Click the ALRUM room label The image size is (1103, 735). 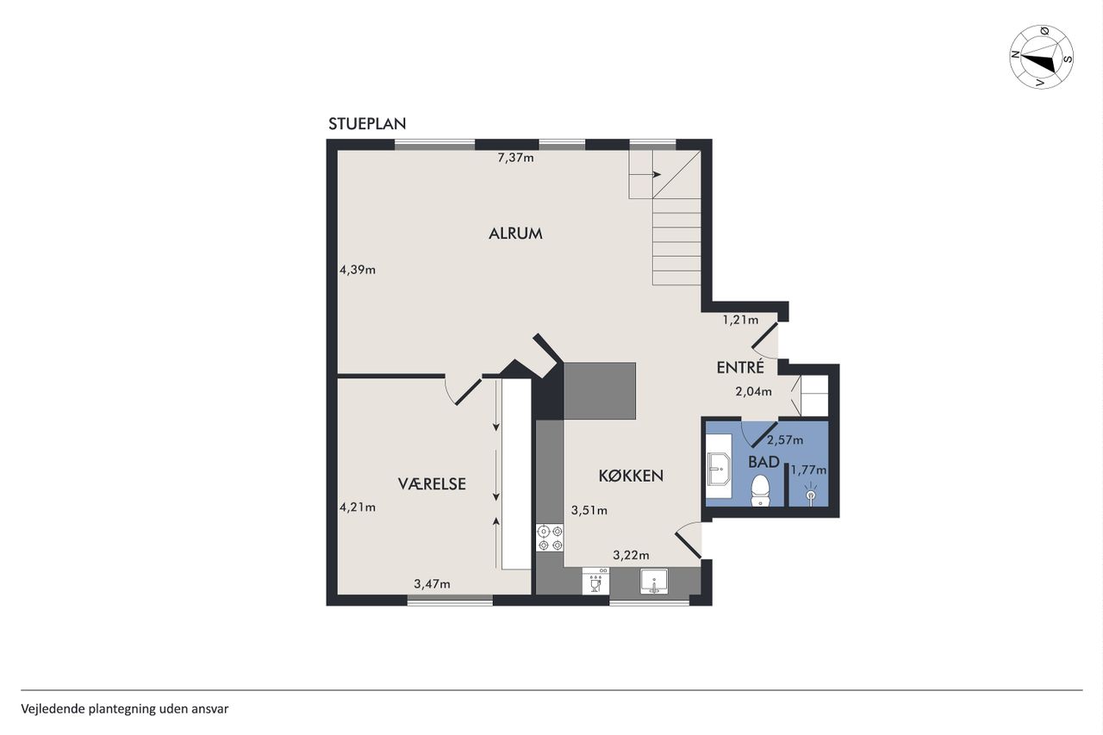coord(515,234)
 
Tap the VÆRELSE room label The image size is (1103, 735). coord(432,484)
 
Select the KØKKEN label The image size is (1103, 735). coord(631,476)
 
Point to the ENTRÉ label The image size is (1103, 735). coord(740,367)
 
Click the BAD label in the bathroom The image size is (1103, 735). coord(763,462)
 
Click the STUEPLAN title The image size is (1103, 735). coord(367,124)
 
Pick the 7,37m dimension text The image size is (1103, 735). coord(515,158)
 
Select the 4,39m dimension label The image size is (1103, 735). coord(358,270)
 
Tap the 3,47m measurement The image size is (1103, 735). coord(432,584)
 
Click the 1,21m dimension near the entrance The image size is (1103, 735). coord(740,320)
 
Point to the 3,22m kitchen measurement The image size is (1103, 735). coord(631,555)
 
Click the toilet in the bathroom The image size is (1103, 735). coord(760,490)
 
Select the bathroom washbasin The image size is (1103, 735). coord(719,468)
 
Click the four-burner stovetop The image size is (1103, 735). coord(550,538)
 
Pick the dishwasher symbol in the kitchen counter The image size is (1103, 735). coord(595,581)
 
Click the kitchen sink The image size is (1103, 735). coord(654,582)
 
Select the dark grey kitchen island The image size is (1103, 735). coord(599,391)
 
